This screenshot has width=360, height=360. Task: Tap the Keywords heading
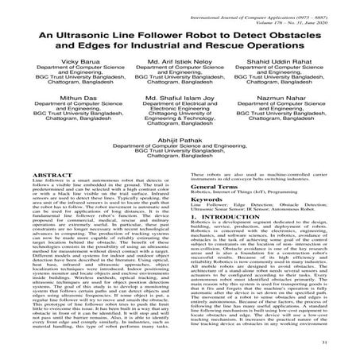pyautogui.click(x=208, y=222)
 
